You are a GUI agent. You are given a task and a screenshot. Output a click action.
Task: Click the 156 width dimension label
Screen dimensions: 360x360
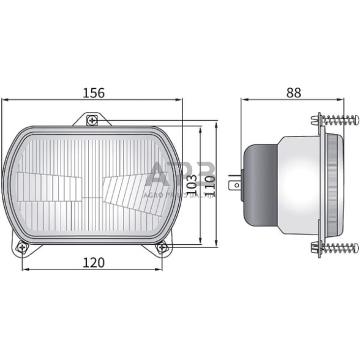pyautogui.click(x=94, y=92)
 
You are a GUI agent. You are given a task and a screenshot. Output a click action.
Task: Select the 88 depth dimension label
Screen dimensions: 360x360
pyautogui.click(x=293, y=92)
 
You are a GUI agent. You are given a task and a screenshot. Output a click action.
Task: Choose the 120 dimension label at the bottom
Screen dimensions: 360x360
pyautogui.click(x=94, y=262)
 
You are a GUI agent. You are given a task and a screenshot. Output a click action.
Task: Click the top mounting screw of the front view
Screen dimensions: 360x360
pyautogui.click(x=91, y=120)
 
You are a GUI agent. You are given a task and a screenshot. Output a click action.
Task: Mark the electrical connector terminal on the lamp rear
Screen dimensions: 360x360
pyautogui.click(x=234, y=183)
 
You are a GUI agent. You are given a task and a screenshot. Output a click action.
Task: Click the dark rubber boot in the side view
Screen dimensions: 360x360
pyautogui.click(x=260, y=184)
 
